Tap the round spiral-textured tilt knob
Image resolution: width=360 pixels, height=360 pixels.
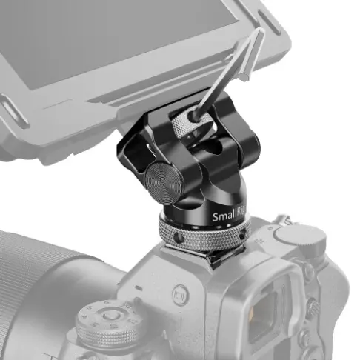click(x=162, y=179)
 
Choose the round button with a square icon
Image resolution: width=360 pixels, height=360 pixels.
click(x=179, y=292)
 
